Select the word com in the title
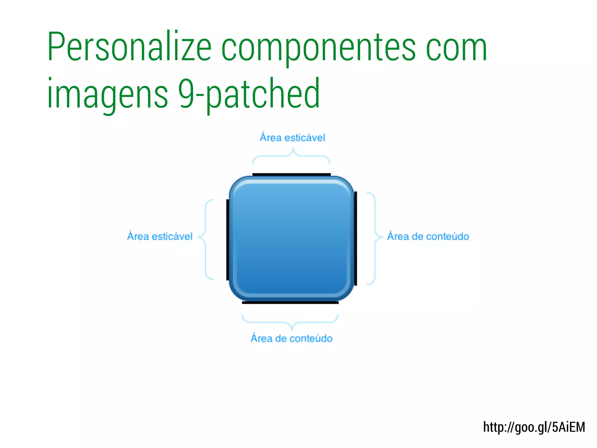[x=456, y=48]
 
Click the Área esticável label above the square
[x=292, y=138]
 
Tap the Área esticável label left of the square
[x=160, y=236]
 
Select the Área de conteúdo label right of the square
[x=428, y=236]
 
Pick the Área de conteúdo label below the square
[x=292, y=338]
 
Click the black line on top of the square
[x=292, y=174]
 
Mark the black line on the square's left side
[x=228, y=240]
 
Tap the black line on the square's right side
[x=356, y=238]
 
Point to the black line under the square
[x=290, y=303]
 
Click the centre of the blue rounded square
[x=292, y=239]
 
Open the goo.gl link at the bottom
[x=534, y=427]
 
